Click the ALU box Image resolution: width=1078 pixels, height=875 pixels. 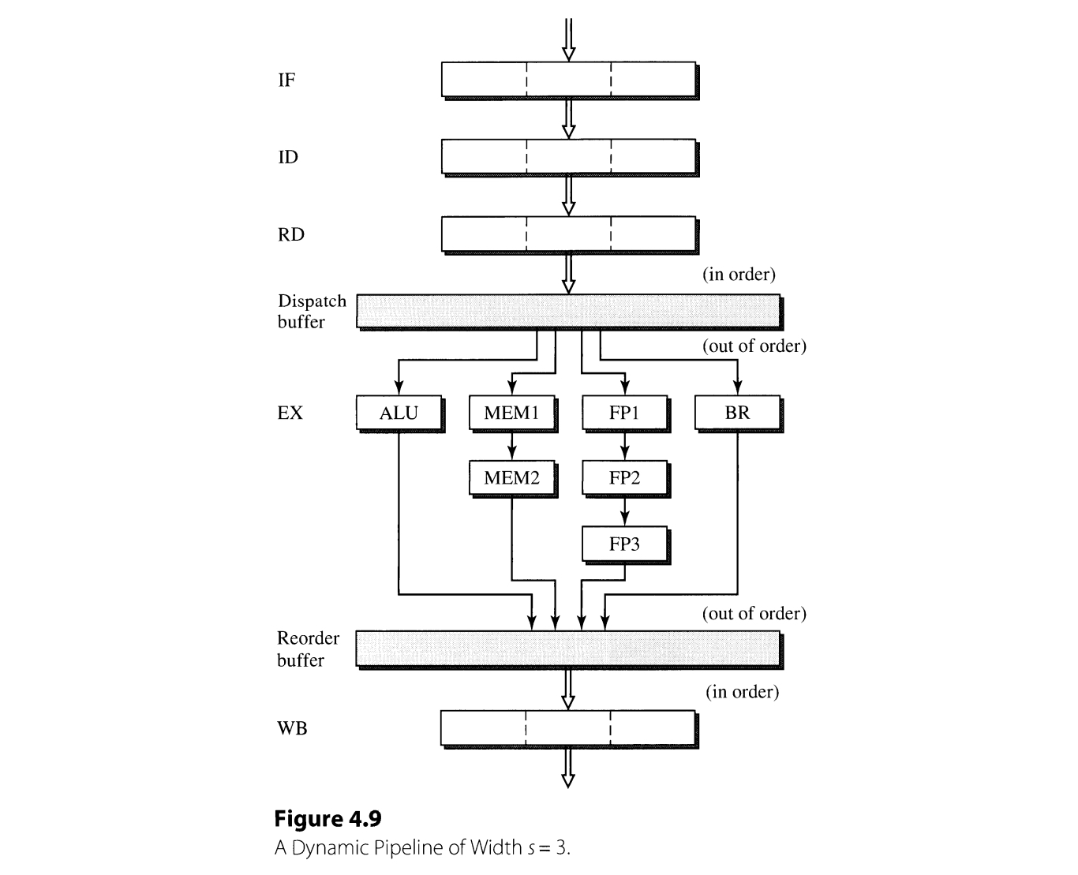pyautogui.click(x=399, y=413)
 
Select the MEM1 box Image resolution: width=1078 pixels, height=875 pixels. pyautogui.click(x=511, y=413)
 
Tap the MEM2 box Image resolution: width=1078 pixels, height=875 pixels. pyautogui.click(x=511, y=477)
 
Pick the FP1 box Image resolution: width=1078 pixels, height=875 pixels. pyautogui.click(x=624, y=413)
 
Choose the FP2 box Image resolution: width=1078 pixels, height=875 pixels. pyautogui.click(x=624, y=477)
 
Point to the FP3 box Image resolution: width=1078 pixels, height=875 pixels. pyautogui.click(x=624, y=544)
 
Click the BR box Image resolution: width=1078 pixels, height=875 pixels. pyautogui.click(x=737, y=413)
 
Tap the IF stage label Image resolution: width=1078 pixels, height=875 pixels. pyautogui.click(x=286, y=80)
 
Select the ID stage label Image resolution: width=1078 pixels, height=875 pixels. pyautogui.click(x=288, y=157)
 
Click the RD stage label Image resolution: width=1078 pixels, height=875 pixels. pyautogui.click(x=290, y=234)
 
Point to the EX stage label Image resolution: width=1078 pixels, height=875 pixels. pyautogui.click(x=290, y=413)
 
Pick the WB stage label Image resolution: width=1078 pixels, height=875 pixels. pyautogui.click(x=292, y=728)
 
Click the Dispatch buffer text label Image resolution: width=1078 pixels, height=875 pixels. pyautogui.click(x=311, y=312)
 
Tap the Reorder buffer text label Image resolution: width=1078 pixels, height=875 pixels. pyautogui.click(x=308, y=649)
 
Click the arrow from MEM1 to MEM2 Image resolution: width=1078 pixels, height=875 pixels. pyautogui.click(x=512, y=446)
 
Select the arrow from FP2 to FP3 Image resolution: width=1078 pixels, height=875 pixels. pyautogui.click(x=625, y=510)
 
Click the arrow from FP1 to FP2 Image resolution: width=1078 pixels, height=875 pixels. pyautogui.click(x=625, y=446)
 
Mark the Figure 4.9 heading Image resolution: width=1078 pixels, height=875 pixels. pyautogui.click(x=328, y=818)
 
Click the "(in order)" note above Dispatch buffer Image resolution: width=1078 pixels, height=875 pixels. pyautogui.click(x=739, y=275)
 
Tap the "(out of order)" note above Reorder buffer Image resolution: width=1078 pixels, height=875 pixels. pyautogui.click(x=754, y=614)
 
